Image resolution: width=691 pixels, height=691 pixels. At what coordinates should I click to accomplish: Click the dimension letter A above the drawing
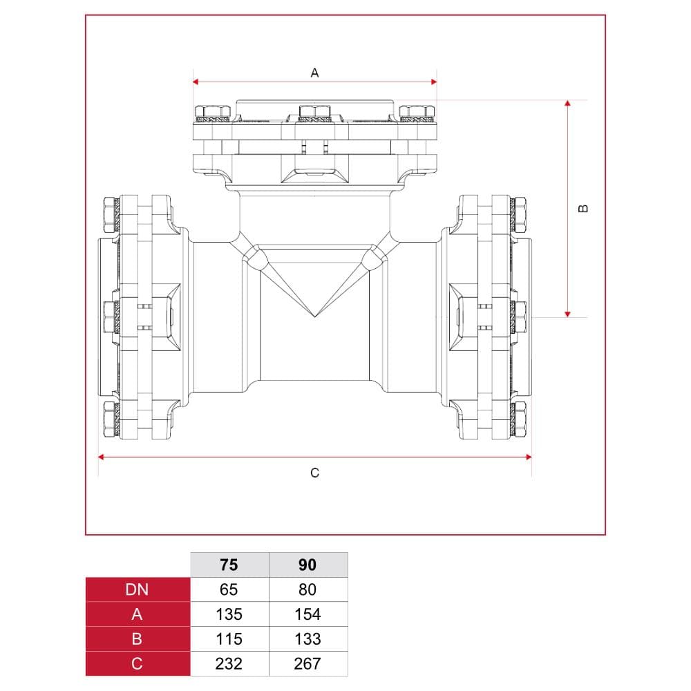point(314,73)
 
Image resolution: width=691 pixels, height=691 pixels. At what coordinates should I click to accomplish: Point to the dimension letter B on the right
point(583,209)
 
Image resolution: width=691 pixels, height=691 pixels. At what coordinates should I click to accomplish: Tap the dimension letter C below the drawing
point(314,473)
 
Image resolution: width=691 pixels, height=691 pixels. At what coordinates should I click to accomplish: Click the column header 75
point(229,565)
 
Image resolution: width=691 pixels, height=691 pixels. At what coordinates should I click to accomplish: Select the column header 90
point(307,565)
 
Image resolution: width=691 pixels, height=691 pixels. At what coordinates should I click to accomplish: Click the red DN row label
point(138,589)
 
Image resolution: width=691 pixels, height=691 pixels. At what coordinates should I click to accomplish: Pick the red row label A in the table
point(138,614)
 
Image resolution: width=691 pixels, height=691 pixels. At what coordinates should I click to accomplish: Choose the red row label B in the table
point(138,639)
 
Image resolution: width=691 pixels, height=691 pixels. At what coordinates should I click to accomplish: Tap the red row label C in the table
point(138,663)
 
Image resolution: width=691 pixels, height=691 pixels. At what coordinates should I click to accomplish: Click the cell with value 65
point(229,589)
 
